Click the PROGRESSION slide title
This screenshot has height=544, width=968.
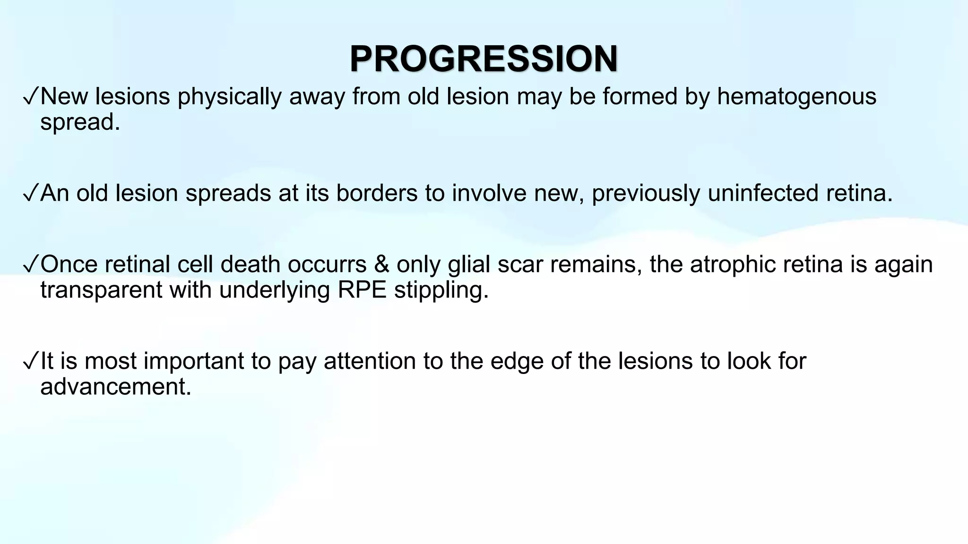(x=484, y=59)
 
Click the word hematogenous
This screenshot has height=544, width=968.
(x=796, y=96)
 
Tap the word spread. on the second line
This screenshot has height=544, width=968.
(x=80, y=122)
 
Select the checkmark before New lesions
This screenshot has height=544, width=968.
(x=30, y=97)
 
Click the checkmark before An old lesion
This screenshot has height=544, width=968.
(x=30, y=194)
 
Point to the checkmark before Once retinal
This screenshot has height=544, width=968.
(x=30, y=265)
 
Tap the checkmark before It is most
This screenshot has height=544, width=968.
(x=30, y=362)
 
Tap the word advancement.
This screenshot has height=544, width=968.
(x=115, y=386)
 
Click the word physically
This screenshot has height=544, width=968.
(x=230, y=96)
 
